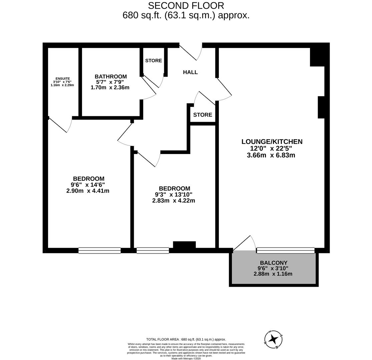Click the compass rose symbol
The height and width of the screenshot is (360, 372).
pos(274,339)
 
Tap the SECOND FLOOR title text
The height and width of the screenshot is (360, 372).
pos(186,6)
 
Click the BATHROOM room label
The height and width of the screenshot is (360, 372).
pos(110,76)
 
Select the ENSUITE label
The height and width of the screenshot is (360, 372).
pos(63,79)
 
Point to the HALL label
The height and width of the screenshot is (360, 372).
pos(190,72)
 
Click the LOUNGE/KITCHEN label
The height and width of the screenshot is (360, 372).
pos(272,142)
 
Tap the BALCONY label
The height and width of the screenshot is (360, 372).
pos(274,263)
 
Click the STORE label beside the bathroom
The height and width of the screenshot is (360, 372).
pos(153,61)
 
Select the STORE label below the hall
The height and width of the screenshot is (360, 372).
pos(203,115)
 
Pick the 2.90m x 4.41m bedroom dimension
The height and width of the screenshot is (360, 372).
pos(88,191)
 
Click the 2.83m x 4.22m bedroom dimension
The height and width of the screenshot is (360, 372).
pos(173,201)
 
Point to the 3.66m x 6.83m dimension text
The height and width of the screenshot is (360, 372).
pos(271,155)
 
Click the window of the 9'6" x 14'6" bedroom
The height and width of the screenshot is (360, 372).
pos(99,250)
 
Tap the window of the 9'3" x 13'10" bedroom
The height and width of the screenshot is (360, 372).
pos(153,250)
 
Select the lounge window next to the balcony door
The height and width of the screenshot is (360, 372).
pos(286,250)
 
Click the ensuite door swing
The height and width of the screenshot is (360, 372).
pos(62,125)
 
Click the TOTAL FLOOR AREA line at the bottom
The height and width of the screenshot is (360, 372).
pos(186,339)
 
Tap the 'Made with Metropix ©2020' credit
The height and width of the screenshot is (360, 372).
pos(186,358)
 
